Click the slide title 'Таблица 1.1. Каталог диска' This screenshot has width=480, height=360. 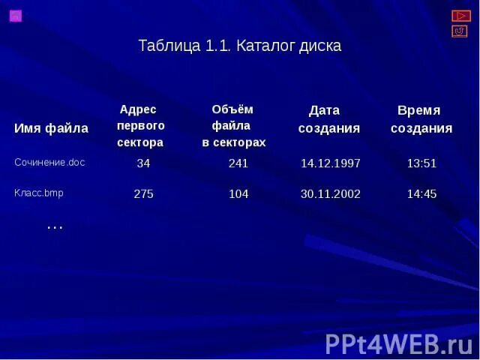click(x=240, y=46)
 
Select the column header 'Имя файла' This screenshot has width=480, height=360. click(x=51, y=128)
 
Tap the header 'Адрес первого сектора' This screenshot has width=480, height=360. click(x=140, y=126)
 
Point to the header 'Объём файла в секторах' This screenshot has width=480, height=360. click(x=233, y=126)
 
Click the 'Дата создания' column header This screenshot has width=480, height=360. click(x=328, y=119)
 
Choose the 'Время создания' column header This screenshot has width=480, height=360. click(x=421, y=119)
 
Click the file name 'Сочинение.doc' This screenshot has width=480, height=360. click(x=50, y=162)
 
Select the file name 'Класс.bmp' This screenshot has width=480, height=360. click(x=39, y=193)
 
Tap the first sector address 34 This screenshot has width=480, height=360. click(x=143, y=163)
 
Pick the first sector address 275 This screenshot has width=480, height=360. click(x=143, y=194)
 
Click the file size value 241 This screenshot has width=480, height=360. click(x=238, y=163)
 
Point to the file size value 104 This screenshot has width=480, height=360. click(x=238, y=194)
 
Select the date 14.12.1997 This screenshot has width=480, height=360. click(x=331, y=163)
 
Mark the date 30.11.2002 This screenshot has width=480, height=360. click(x=331, y=194)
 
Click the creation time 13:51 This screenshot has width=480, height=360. click(x=421, y=163)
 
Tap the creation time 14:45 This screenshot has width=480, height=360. click(x=421, y=194)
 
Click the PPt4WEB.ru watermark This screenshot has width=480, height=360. click(x=398, y=343)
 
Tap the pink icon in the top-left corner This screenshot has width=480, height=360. click(x=16, y=16)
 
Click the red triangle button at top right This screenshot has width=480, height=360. click(x=460, y=16)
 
